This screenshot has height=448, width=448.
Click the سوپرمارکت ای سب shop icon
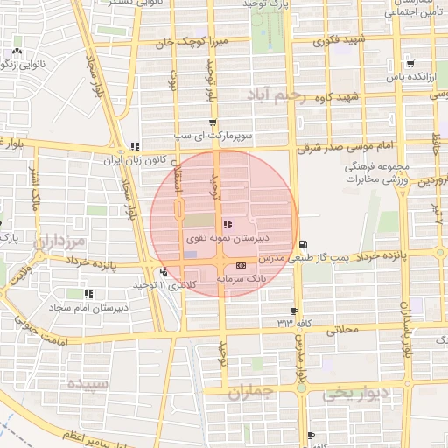click(213, 123)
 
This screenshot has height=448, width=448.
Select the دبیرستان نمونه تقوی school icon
click(227, 224)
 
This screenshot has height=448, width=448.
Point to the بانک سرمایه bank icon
click(241, 266)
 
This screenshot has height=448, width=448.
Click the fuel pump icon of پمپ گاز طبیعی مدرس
click(303, 244)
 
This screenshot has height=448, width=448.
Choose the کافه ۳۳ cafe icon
click(294, 311)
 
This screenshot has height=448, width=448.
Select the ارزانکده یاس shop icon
click(410, 64)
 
